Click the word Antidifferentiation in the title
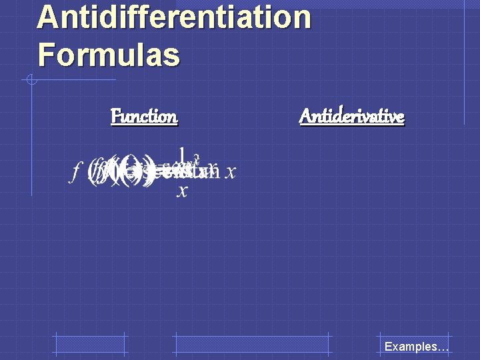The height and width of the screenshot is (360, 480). point(174,17)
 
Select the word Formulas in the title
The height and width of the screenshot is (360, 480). point(109,55)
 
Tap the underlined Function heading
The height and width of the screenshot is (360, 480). point(144,117)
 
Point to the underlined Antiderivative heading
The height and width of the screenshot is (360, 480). point(352,117)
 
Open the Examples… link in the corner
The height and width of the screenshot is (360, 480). point(416,347)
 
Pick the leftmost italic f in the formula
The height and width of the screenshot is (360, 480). point(75,173)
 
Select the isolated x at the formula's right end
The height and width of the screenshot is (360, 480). point(231,173)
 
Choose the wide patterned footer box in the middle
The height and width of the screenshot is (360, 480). point(252,345)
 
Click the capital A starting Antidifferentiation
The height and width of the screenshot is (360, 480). point(48,17)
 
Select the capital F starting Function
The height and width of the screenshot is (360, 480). point(115,117)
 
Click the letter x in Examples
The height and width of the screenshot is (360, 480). point(397,347)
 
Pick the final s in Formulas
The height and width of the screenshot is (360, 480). point(173,57)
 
